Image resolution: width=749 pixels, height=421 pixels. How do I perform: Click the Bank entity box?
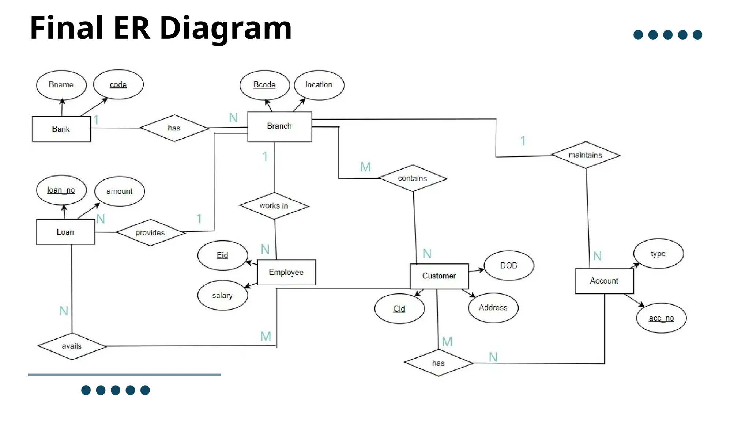[61, 129]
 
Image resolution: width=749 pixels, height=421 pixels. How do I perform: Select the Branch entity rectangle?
[279, 126]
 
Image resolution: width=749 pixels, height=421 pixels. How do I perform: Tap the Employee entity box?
[286, 272]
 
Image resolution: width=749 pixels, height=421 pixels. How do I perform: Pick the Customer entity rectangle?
[439, 276]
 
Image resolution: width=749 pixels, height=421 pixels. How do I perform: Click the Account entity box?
[604, 281]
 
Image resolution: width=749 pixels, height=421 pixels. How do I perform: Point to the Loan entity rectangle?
[65, 232]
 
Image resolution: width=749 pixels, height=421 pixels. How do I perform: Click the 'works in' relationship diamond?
[274, 206]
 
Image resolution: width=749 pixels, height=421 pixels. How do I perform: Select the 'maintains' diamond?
[586, 155]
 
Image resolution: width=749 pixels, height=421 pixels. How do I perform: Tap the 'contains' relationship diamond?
[413, 178]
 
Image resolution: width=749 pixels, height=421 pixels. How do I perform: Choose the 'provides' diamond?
[150, 232]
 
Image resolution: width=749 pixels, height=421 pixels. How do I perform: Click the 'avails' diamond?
[72, 346]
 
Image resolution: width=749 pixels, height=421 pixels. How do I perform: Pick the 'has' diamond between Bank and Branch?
[174, 128]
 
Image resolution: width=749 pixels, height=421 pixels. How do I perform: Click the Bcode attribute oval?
[264, 85]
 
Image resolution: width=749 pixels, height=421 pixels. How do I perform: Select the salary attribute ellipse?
[222, 295]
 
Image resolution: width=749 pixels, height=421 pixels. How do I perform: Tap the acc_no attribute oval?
[661, 318]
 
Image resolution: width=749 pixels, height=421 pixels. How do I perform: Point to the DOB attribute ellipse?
[509, 266]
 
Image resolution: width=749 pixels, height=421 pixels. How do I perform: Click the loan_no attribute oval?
[61, 190]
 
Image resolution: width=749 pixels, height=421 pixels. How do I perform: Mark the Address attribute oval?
[493, 308]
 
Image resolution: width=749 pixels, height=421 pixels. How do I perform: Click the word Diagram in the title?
[226, 28]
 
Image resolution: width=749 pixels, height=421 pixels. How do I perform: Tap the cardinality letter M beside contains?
[365, 167]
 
